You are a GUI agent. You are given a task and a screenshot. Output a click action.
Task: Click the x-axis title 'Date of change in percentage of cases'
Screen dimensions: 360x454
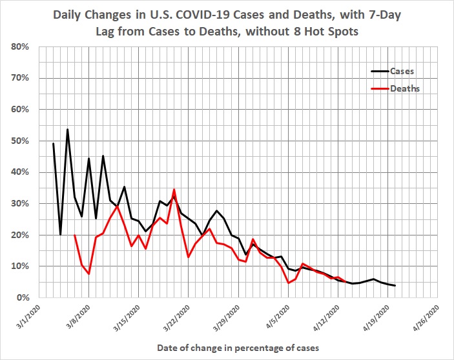238,348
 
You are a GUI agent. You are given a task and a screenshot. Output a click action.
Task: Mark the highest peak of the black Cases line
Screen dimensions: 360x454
67,130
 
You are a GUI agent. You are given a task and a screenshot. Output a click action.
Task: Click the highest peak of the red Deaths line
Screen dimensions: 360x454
174,190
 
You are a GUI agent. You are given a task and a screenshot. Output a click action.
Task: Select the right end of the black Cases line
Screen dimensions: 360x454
395,285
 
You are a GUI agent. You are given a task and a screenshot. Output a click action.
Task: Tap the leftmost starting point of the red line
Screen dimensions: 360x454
75,235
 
